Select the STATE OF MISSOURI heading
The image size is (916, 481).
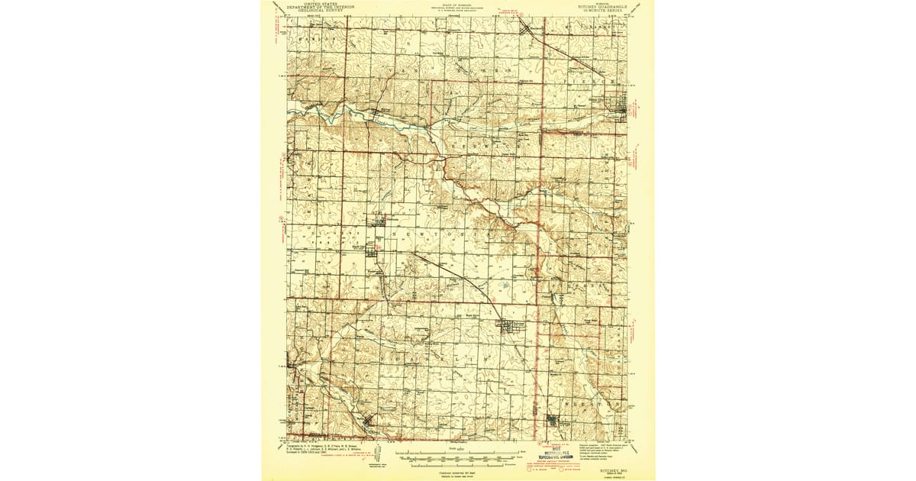pyautogui.click(x=456, y=4)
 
